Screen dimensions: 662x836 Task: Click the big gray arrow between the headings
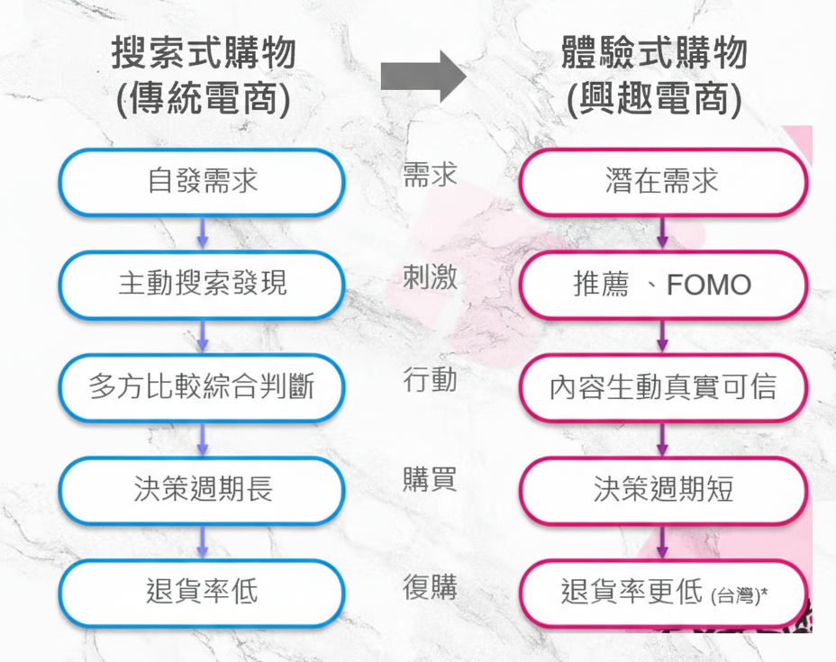pyautogui.click(x=423, y=76)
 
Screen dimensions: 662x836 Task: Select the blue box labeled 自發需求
pyautogui.click(x=202, y=181)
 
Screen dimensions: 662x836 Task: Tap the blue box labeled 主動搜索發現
pyautogui.click(x=202, y=284)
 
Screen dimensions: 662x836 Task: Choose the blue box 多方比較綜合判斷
pyautogui.click(x=202, y=387)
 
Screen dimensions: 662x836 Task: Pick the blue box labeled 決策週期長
pyautogui.click(x=202, y=490)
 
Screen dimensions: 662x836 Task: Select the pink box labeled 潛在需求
pyautogui.click(x=662, y=181)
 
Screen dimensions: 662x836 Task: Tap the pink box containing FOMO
pyautogui.click(x=662, y=285)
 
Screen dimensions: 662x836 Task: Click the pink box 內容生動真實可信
pyautogui.click(x=662, y=387)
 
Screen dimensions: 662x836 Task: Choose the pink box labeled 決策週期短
pyautogui.click(x=662, y=490)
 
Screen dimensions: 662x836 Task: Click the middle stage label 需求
pyautogui.click(x=430, y=174)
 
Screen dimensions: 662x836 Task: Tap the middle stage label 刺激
pyautogui.click(x=430, y=277)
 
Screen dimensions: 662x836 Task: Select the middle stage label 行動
pyautogui.click(x=430, y=380)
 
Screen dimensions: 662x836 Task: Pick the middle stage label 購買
pyautogui.click(x=430, y=480)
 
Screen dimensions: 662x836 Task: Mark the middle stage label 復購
pyautogui.click(x=430, y=587)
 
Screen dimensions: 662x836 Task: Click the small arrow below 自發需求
pyautogui.click(x=202, y=232)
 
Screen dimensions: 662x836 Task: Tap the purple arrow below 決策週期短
pyautogui.click(x=662, y=541)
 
